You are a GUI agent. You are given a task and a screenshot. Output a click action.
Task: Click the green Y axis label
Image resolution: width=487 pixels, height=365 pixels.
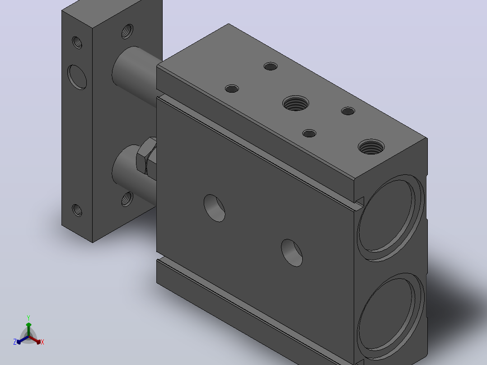pyautogui.click(x=28, y=318)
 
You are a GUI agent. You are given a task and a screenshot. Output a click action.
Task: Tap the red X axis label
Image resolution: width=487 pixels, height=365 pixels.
pyautogui.click(x=42, y=342)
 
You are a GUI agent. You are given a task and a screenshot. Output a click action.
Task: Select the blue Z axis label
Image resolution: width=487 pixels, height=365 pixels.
pyautogui.click(x=14, y=342)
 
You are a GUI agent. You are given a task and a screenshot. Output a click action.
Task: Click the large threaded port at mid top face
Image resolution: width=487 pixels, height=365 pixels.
pyautogui.click(x=295, y=103)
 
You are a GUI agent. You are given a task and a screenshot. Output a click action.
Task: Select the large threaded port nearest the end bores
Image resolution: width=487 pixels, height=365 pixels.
pyautogui.click(x=371, y=147)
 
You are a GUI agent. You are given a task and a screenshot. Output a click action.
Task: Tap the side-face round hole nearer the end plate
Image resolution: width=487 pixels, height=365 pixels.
pyautogui.click(x=214, y=208)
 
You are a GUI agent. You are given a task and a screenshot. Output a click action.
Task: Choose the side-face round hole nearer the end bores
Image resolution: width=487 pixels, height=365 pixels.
pyautogui.click(x=292, y=253)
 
